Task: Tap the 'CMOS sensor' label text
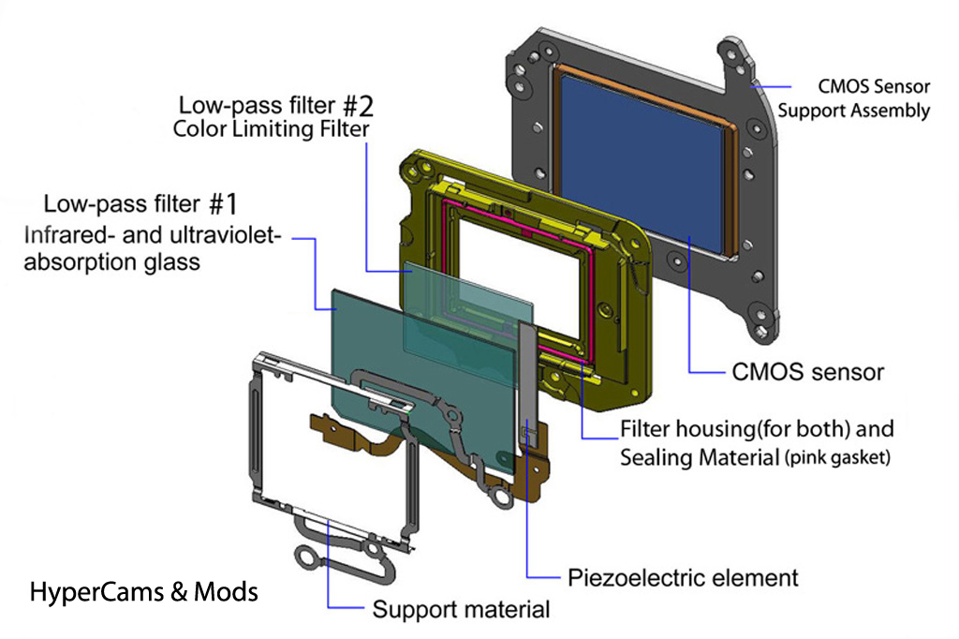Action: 806,372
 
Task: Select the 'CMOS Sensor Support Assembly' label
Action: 853,98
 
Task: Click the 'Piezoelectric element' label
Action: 683,576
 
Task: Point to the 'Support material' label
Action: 461,610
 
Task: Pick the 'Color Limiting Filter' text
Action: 272,128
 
